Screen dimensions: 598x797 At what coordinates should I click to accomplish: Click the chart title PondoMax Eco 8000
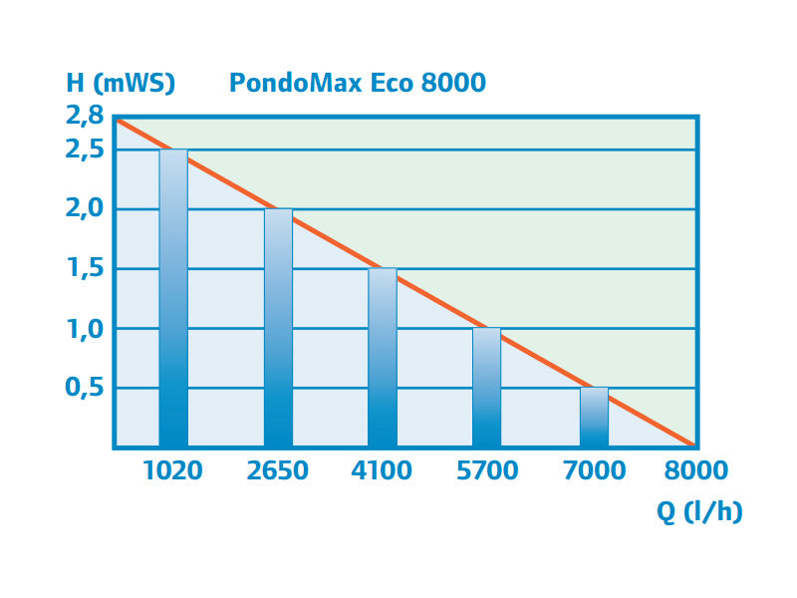coord(358,82)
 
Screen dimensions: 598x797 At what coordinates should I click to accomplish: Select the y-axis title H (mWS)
coord(121,82)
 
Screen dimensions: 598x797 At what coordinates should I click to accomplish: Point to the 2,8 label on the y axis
coord(84,116)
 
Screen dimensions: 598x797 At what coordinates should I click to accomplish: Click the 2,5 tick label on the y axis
coord(84,149)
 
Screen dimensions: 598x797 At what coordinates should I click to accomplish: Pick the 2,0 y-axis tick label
coord(84,209)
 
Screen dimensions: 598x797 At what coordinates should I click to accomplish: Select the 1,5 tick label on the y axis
coord(84,269)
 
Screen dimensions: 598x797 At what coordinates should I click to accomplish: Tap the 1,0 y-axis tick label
coord(84,329)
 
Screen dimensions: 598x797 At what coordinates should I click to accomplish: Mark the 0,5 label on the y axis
coord(84,388)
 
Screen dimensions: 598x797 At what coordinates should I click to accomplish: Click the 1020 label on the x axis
coord(172,470)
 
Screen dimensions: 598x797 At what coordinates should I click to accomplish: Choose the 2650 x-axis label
coord(278,470)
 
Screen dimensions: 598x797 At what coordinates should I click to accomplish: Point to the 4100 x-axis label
coord(383,470)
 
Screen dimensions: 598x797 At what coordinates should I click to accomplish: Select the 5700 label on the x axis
coord(487,470)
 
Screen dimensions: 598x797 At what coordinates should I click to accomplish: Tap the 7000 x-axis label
coord(594,470)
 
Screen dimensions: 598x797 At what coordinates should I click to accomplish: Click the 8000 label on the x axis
coord(695,470)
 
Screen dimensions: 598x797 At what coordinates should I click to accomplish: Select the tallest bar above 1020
coord(173,299)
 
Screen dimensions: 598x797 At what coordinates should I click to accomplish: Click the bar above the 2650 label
coord(278,329)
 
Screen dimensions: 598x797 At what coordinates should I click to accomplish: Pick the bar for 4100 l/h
coord(383,359)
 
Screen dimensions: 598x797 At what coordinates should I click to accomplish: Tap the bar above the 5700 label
coord(487,389)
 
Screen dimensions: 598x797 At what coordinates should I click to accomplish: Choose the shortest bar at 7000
coord(594,419)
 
